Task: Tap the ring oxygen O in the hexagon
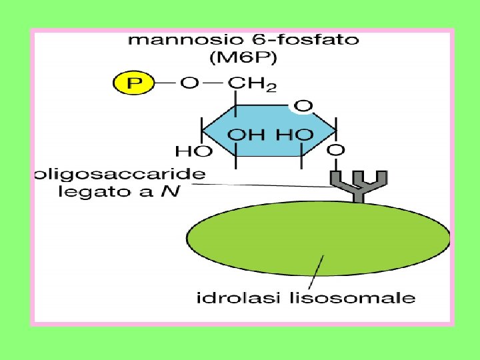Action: [x=303, y=106]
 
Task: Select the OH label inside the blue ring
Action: [x=246, y=135]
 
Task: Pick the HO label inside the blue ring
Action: [x=293, y=135]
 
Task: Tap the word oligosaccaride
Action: [x=119, y=175]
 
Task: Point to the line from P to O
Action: [x=165, y=85]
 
